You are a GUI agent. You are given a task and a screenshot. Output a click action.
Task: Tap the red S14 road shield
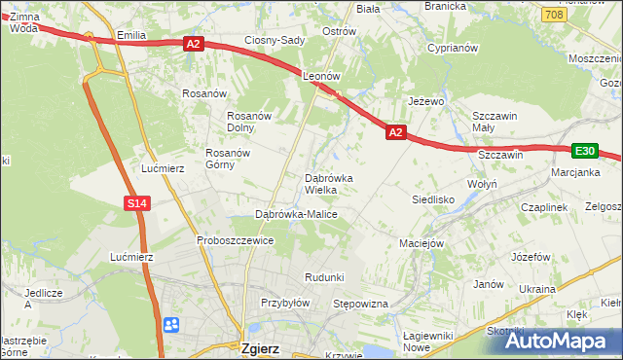pyautogui.click(x=136, y=203)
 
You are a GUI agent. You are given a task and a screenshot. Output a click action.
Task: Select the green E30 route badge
pyautogui.click(x=584, y=151)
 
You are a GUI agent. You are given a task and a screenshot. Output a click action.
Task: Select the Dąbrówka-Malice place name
pyautogui.click(x=295, y=213)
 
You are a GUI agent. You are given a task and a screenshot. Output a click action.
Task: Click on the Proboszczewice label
pyautogui.click(x=235, y=240)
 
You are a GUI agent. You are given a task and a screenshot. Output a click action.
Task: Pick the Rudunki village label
pyautogui.click(x=324, y=277)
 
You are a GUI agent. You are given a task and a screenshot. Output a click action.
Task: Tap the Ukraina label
pyautogui.click(x=536, y=289)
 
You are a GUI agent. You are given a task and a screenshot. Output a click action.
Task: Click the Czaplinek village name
pyautogui.click(x=543, y=207)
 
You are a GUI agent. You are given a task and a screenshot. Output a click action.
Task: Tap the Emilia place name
pyautogui.click(x=130, y=35)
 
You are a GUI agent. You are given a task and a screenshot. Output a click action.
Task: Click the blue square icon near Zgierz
pyautogui.click(x=171, y=324)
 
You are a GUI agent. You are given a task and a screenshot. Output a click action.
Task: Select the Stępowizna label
pyautogui.click(x=361, y=305)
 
